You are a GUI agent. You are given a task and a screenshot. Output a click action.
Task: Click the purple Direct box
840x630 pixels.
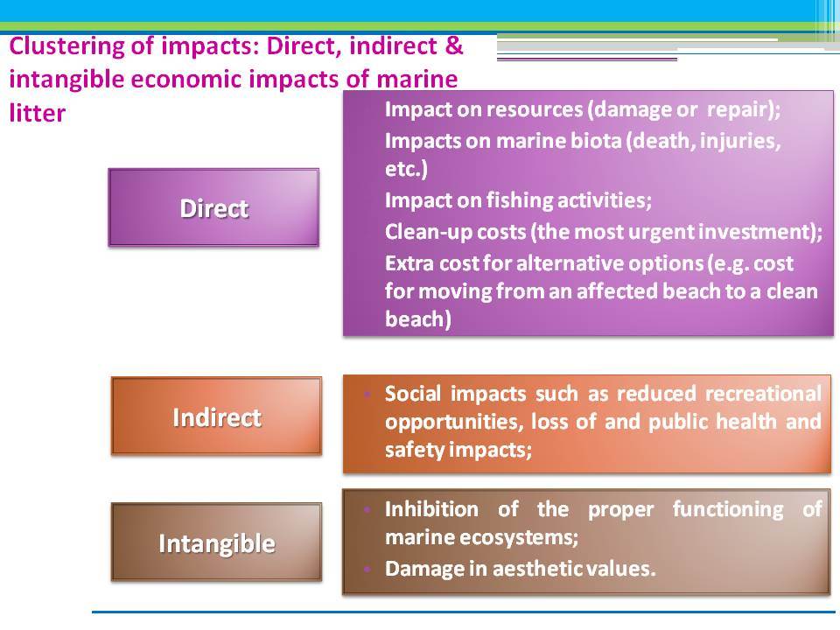coord(213,207)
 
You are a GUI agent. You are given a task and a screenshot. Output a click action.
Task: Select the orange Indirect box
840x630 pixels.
coord(216,416)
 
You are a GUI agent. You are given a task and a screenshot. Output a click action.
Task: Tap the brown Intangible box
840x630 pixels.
coord(216,542)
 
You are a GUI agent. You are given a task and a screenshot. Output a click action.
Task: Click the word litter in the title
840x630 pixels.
coord(38,113)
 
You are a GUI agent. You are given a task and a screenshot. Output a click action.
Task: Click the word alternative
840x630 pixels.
coord(570,263)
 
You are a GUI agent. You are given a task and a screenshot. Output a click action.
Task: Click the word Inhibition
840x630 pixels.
coord(431,508)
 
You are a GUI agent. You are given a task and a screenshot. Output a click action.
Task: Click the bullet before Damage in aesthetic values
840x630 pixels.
coord(367,569)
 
